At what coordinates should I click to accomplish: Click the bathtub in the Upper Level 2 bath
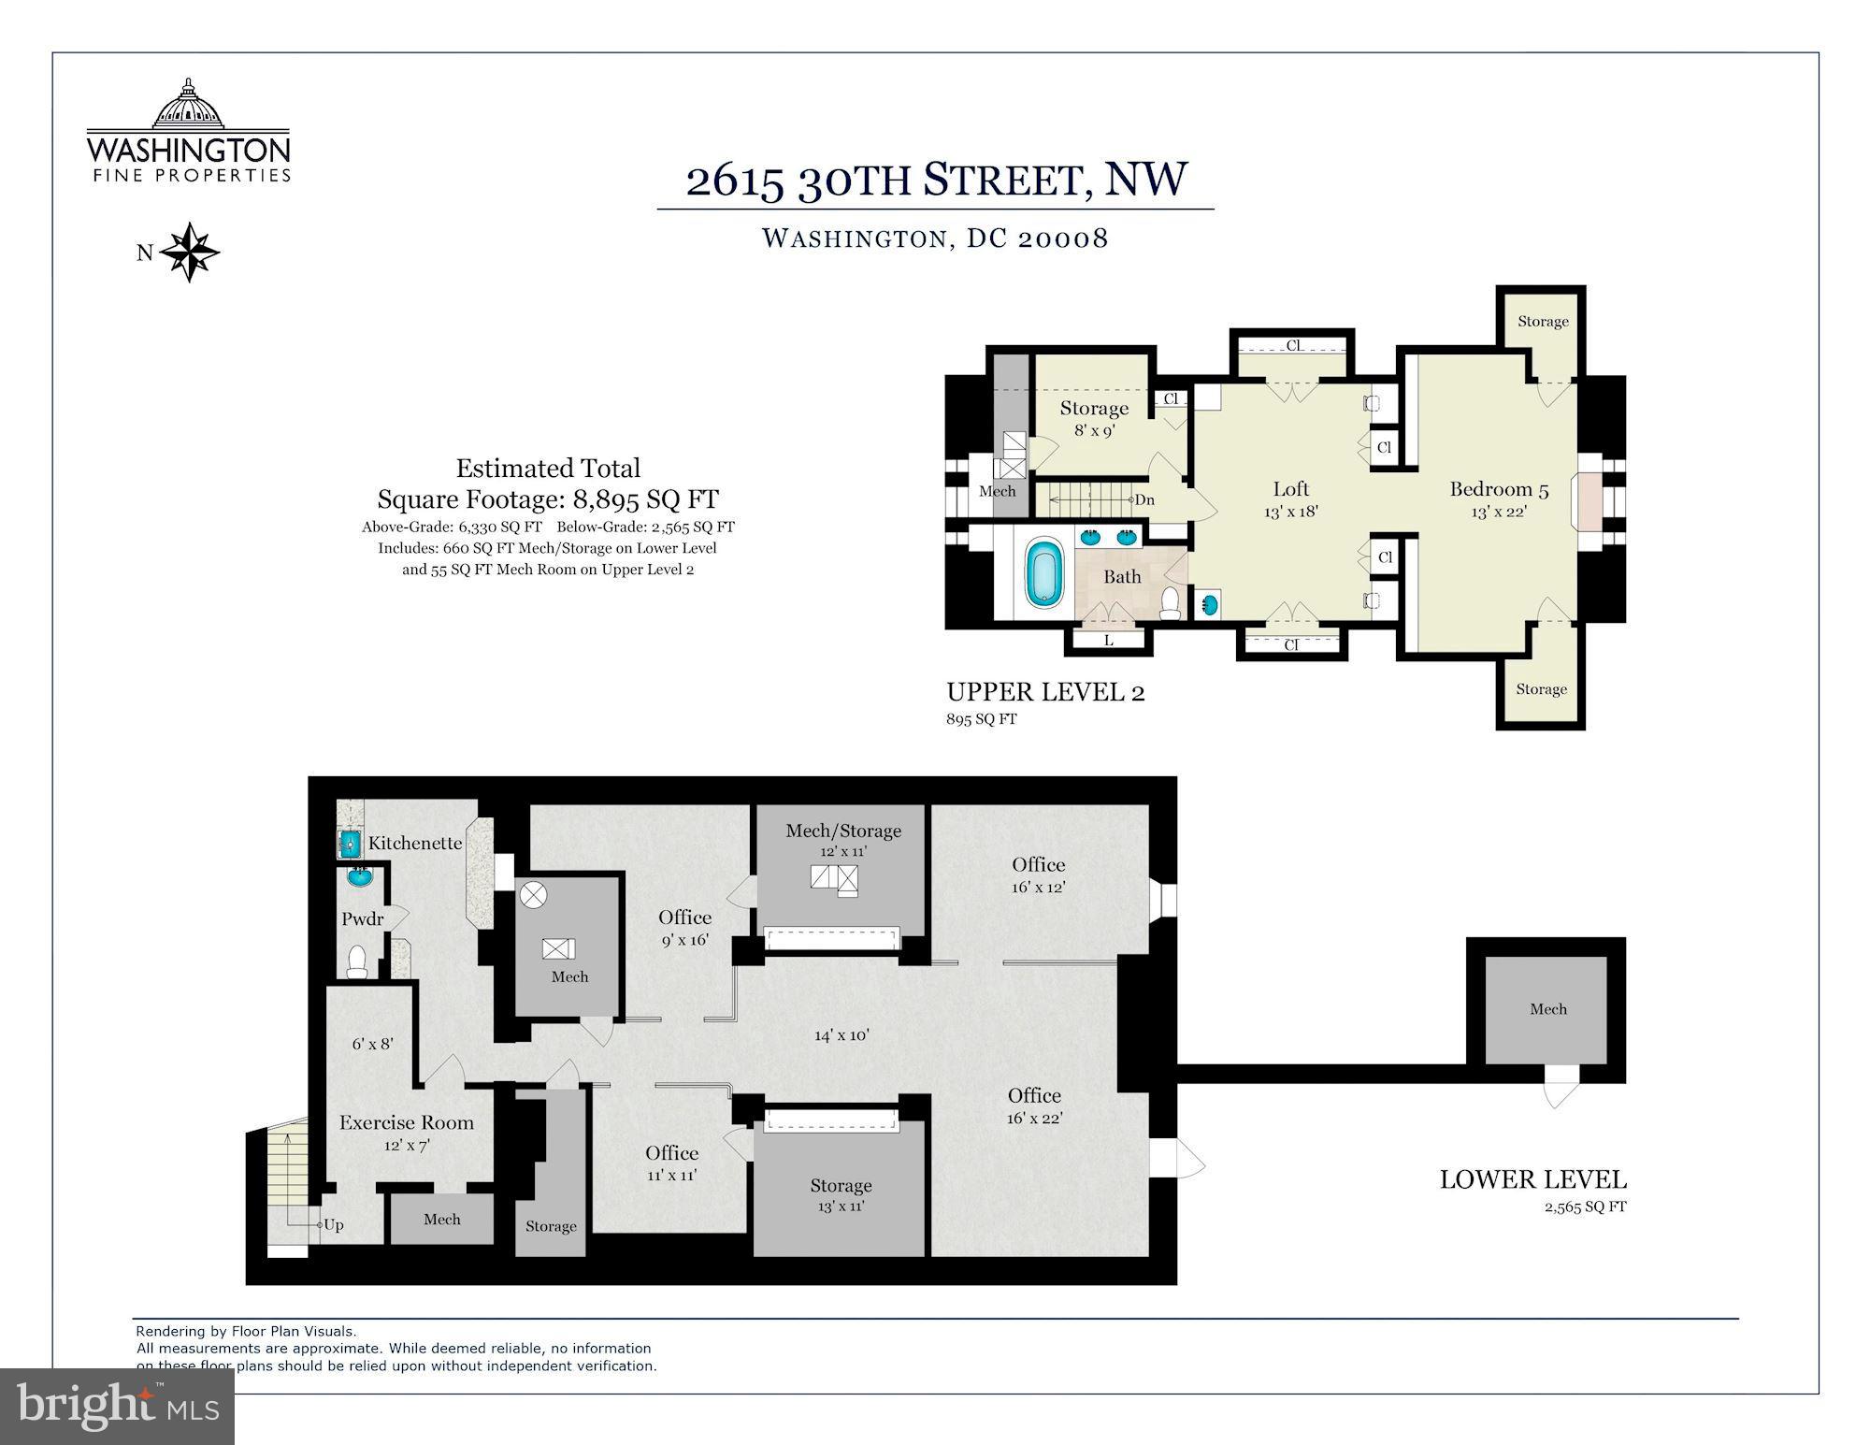coord(1044,571)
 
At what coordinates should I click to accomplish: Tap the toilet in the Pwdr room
coord(357,962)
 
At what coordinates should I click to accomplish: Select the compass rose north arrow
coord(189,252)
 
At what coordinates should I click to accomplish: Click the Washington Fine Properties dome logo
coord(189,104)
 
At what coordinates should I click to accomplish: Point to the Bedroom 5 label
coord(1499,489)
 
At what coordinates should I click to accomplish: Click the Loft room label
coord(1290,489)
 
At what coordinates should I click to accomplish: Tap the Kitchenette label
coord(415,843)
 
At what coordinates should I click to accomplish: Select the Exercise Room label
coord(407,1122)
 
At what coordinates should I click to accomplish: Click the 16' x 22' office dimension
coord(1034,1117)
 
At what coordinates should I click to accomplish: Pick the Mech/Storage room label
coord(843,831)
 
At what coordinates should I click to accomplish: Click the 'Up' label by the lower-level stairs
coord(334,1225)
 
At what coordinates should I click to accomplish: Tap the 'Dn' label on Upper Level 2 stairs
coord(1144,499)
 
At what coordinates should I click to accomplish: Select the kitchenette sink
coord(349,845)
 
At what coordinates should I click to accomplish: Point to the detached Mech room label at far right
coord(1547,1009)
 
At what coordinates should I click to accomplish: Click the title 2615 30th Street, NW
coord(937,179)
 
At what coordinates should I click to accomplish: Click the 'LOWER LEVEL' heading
coord(1532,1179)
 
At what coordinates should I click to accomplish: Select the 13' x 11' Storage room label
coord(841,1195)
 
